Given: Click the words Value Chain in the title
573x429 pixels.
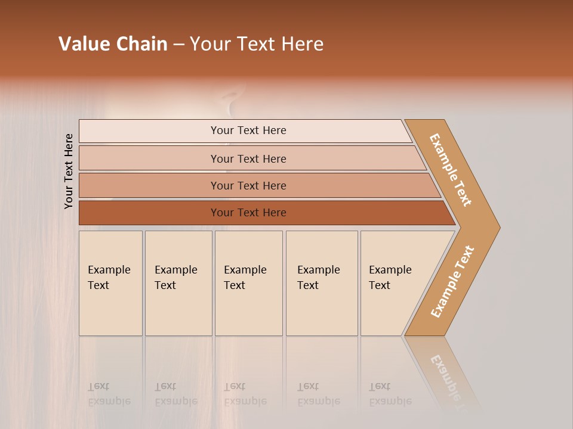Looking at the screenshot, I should pyautogui.click(x=113, y=44).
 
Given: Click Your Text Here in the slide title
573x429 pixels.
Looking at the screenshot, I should pyautogui.click(x=257, y=44).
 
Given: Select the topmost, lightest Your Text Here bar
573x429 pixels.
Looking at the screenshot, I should pyautogui.click(x=248, y=130).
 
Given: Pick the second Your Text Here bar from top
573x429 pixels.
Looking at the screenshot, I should pyautogui.click(x=248, y=158).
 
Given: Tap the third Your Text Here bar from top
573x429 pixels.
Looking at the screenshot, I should pyautogui.click(x=248, y=185).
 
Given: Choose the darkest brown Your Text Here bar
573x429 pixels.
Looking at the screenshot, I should pyautogui.click(x=248, y=213).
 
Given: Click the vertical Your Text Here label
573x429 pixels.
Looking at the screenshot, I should pyautogui.click(x=69, y=171).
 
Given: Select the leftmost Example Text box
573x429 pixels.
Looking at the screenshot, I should pyautogui.click(x=110, y=283).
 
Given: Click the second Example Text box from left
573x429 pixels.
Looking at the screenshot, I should pyautogui.click(x=178, y=283).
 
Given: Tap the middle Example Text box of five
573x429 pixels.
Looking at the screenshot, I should pyautogui.click(x=248, y=283).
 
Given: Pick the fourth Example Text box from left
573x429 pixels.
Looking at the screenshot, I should pyautogui.click(x=321, y=283).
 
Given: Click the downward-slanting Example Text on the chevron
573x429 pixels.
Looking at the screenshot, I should pyautogui.click(x=451, y=170).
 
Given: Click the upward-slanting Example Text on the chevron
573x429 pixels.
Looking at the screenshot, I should pyautogui.click(x=452, y=281).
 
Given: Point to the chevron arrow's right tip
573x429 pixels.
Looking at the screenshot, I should pyautogui.click(x=498, y=227).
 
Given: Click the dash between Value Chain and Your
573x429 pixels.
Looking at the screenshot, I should pyautogui.click(x=178, y=45).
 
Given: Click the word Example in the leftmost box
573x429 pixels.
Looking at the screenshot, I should pyautogui.click(x=109, y=270).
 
